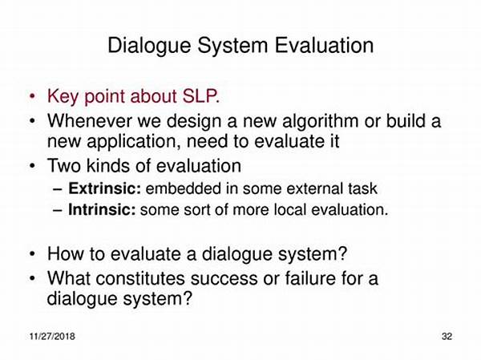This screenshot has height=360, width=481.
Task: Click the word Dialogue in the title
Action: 149,46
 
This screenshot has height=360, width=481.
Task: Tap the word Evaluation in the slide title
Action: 324,45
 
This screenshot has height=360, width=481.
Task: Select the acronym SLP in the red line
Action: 201,96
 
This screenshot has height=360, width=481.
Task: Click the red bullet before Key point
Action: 32,96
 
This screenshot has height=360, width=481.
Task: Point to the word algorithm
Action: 320,121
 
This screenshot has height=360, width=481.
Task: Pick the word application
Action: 134,142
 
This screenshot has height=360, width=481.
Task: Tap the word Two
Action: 65,166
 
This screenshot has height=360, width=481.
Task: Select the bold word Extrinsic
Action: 104,188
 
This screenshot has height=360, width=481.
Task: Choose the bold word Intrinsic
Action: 102,210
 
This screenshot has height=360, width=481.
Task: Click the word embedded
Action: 183,188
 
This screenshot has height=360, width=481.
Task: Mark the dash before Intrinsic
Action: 58,211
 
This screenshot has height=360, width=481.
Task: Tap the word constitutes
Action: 140,279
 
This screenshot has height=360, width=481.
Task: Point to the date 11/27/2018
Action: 52,337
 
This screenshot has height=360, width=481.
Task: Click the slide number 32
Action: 447,337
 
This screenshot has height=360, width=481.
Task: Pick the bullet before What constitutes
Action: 32,279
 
